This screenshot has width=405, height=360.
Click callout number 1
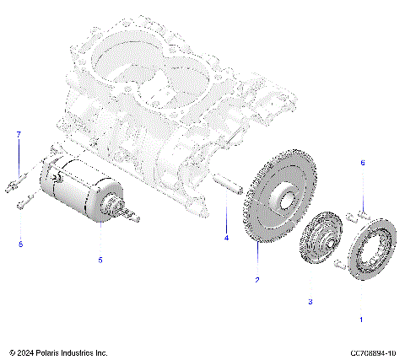pyautogui.click(x=362, y=320)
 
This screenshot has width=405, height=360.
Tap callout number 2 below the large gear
pyautogui.click(x=257, y=279)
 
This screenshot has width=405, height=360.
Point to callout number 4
pyautogui.click(x=226, y=239)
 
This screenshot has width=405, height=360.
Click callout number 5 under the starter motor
pyautogui.click(x=100, y=261)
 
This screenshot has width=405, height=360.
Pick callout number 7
pyautogui.click(x=19, y=135)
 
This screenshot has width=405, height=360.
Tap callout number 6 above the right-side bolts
pyautogui.click(x=363, y=185)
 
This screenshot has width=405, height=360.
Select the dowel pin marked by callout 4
pyautogui.click(x=226, y=182)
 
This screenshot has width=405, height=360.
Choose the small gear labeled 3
pyautogui.click(x=319, y=244)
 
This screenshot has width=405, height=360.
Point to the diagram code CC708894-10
pyautogui.click(x=368, y=352)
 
